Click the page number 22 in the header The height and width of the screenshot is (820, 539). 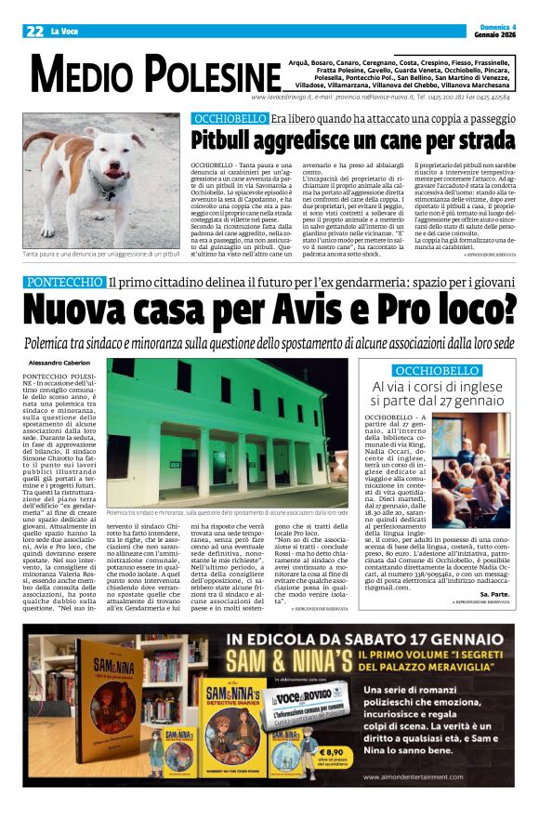point(33,31)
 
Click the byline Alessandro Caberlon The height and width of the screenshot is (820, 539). point(60,362)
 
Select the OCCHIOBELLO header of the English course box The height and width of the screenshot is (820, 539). point(437,370)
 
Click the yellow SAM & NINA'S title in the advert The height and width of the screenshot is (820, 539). point(308,661)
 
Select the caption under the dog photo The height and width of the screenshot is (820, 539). point(101,254)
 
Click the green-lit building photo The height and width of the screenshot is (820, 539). point(227,431)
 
